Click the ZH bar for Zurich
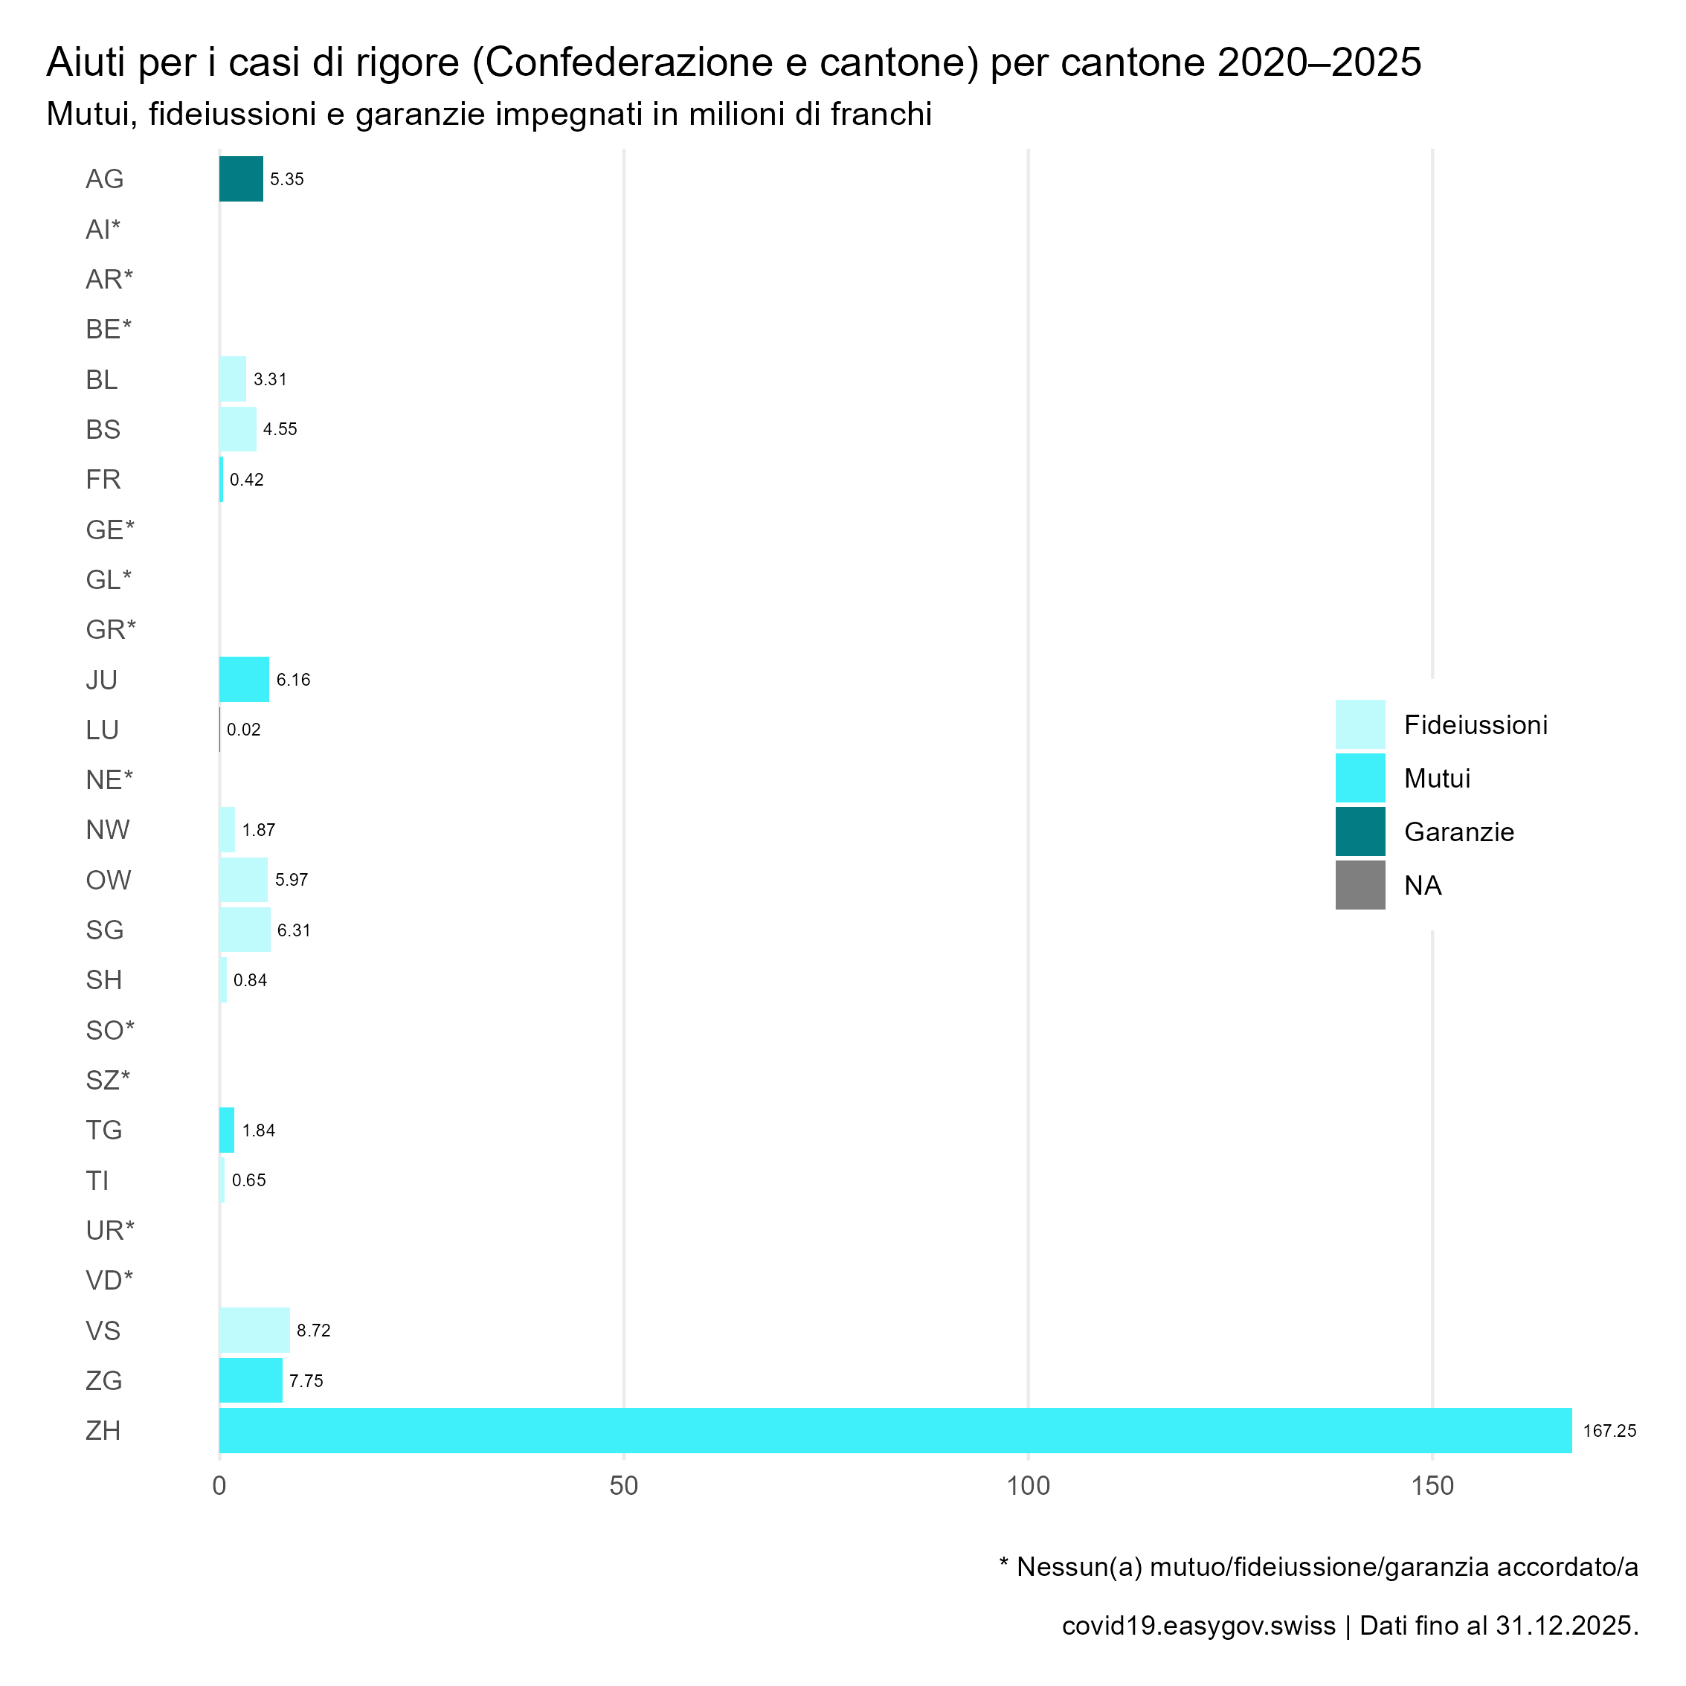pos(895,1430)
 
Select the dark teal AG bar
pos(241,179)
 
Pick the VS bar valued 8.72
pos(254,1330)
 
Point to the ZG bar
pos(251,1380)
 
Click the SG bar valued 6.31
pos(245,930)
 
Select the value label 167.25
pos(1609,1431)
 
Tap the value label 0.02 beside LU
pos(243,730)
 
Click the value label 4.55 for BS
pos(280,429)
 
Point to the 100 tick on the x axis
pos(1028,1485)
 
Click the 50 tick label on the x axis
pos(624,1485)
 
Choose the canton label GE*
pos(110,530)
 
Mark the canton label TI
pos(97,1180)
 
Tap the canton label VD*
pos(109,1280)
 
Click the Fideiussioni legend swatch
pos(1360,724)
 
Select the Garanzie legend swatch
pos(1360,831)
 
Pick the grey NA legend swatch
pos(1360,885)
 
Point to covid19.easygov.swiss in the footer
pos(1198,1626)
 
